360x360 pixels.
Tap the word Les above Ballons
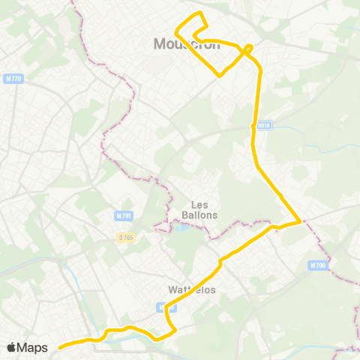click(x=199, y=205)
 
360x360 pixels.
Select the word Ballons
click(x=199, y=214)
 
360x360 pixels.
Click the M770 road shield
click(x=13, y=78)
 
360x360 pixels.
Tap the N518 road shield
click(x=263, y=126)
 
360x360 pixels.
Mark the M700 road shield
click(x=317, y=265)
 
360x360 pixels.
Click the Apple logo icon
click(x=13, y=347)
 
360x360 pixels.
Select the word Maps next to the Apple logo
click(x=34, y=347)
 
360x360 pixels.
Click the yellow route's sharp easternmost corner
click(x=301, y=221)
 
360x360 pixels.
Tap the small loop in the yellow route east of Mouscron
click(x=248, y=49)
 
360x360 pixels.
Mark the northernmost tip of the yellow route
click(x=199, y=13)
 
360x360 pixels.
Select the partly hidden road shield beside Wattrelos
click(x=163, y=307)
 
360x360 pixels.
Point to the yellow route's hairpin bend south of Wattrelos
click(x=174, y=327)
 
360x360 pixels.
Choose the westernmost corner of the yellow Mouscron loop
click(x=175, y=32)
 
